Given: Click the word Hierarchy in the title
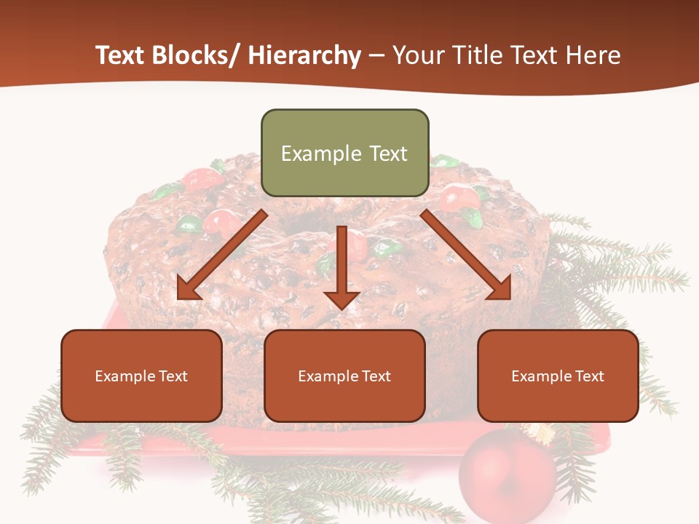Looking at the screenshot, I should (304, 55).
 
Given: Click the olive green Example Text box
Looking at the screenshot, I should (344, 153).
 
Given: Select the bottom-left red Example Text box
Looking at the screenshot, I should (141, 376).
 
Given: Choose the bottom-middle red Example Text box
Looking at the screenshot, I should (344, 376).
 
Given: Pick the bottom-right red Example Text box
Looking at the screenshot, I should (558, 376).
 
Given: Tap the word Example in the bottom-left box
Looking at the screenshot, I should (125, 376).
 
